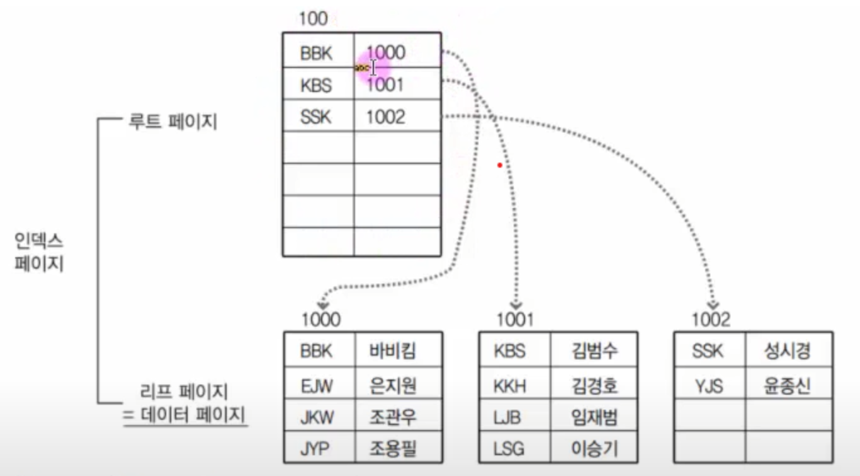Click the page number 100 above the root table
point(313,19)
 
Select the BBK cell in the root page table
point(317,53)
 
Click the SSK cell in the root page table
point(317,117)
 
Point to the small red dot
point(499,165)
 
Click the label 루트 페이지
point(173,122)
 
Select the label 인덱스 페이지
point(39,252)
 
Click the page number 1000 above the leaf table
point(320,320)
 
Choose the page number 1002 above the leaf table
point(711,320)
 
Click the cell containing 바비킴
point(393,351)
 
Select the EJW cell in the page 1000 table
point(317,384)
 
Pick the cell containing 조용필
point(393,448)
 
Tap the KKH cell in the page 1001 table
point(511,384)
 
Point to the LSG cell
point(511,448)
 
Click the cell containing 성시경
point(787,351)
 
